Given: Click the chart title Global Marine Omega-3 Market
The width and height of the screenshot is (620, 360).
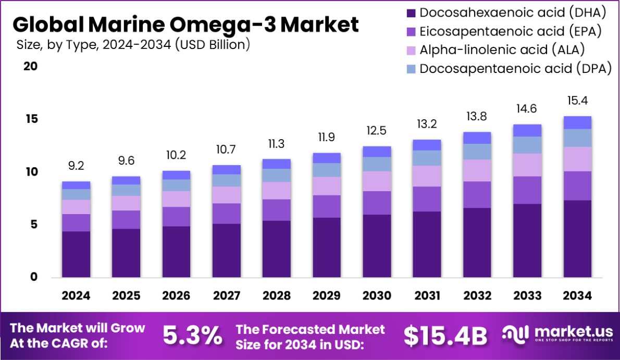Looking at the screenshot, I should point(185,24).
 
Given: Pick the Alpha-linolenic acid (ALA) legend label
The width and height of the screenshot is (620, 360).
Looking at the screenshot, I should point(495,49).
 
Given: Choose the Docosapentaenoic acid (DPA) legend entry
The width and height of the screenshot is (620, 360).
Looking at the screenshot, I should point(508,68).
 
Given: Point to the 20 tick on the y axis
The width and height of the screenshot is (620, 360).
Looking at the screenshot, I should point(30,67).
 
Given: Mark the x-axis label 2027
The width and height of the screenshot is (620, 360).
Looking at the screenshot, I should point(227,296).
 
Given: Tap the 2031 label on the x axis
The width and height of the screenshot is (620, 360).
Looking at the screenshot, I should point(427,296).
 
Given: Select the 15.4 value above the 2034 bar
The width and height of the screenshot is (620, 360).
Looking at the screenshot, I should point(577,101).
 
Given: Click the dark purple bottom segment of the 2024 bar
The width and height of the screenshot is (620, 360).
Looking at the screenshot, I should point(76,254).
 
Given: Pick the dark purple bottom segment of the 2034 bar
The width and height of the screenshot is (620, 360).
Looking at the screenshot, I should point(577,239).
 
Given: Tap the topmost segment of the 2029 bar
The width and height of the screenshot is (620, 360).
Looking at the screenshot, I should point(327,158).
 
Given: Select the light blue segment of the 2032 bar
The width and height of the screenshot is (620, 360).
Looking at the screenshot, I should point(477,152).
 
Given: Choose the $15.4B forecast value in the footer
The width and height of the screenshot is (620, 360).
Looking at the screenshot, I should point(445,336).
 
